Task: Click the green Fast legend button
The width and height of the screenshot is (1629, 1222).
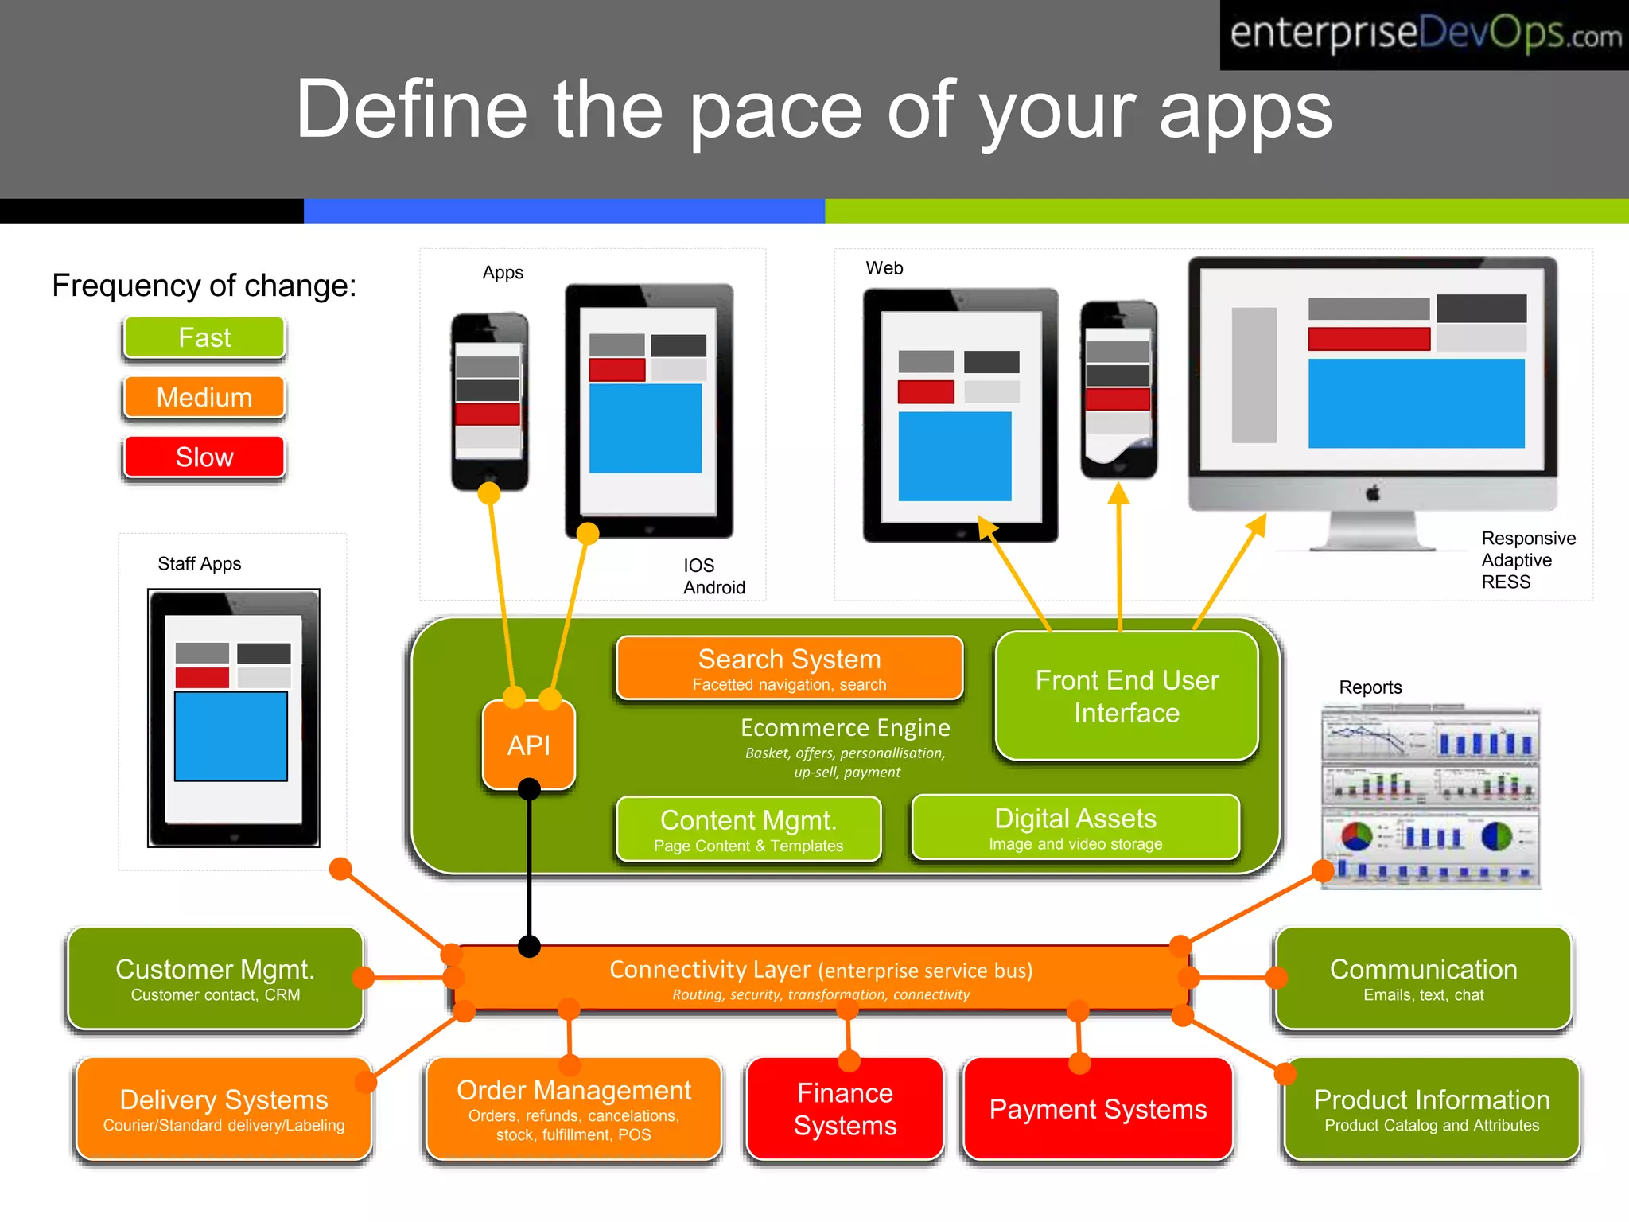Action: point(204,338)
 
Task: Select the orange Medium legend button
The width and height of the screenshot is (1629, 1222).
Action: point(204,397)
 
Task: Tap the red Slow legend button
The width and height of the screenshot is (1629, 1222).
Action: point(204,457)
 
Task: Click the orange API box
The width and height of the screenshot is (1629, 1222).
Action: point(529,745)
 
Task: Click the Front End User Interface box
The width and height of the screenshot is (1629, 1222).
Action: point(1126,696)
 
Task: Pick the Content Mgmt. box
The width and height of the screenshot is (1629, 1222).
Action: point(748,829)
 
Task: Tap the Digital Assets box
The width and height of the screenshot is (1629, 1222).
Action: point(1075,827)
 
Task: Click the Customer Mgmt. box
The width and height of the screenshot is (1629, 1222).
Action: point(216,979)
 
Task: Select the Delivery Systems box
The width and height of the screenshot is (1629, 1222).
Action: point(224,1108)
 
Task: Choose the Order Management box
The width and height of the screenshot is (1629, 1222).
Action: point(573,1109)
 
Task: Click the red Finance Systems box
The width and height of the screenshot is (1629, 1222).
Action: point(845,1109)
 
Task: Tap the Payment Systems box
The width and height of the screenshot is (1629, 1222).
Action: point(1098,1109)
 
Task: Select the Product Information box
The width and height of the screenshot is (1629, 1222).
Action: point(1432,1108)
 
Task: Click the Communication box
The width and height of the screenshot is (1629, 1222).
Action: point(1423,979)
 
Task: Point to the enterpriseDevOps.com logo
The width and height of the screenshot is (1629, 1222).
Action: point(1425,35)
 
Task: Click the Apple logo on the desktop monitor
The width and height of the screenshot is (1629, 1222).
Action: point(1373,494)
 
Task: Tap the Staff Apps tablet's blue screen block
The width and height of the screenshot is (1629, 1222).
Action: point(231,736)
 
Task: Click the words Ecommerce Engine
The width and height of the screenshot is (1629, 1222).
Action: point(845,728)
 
